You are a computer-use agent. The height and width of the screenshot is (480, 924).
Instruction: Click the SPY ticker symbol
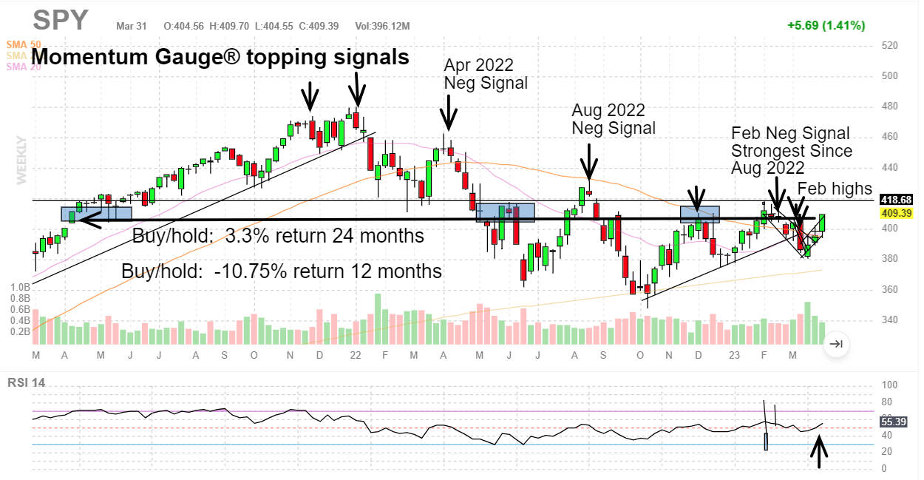click(x=61, y=21)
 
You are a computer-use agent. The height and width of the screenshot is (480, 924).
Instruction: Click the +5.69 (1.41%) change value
click(x=826, y=25)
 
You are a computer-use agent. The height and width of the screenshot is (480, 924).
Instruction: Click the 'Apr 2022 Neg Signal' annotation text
click(x=486, y=74)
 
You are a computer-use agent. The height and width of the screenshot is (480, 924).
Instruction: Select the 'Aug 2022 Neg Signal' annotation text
click(x=613, y=119)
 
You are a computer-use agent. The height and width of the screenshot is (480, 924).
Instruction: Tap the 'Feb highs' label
click(x=835, y=189)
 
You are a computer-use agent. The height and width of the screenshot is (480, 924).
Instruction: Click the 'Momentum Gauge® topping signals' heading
click(x=220, y=57)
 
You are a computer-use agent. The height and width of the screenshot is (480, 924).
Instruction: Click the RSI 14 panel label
click(x=26, y=382)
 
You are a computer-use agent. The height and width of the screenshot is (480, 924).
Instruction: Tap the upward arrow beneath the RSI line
click(x=819, y=451)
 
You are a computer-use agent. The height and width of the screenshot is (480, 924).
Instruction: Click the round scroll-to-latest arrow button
click(x=836, y=344)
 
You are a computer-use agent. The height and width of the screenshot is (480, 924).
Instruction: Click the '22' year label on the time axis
click(x=356, y=356)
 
